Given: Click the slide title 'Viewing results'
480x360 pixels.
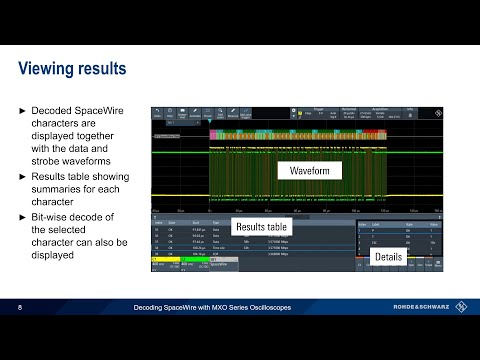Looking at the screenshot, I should (74, 69).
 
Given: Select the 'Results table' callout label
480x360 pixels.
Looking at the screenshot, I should (260, 226).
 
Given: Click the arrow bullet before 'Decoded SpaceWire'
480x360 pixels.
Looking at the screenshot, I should (23, 109).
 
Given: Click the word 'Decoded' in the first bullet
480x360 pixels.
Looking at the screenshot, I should (54, 109).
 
